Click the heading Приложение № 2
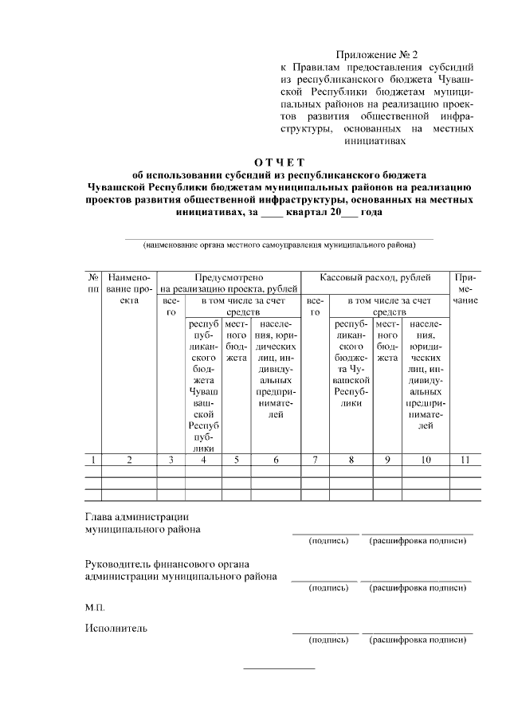point(377,55)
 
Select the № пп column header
point(93,284)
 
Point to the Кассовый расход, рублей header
point(375,278)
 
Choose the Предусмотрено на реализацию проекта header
point(229,284)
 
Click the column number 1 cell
point(93,460)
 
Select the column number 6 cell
point(276,460)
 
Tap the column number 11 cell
point(465,460)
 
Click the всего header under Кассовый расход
point(315,307)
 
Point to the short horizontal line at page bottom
point(279,668)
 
